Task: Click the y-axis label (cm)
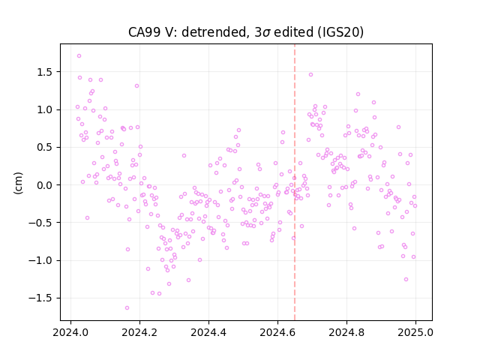[18, 183]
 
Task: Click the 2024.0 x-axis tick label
[70, 332]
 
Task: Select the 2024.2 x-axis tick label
[139, 332]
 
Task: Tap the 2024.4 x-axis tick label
[208, 332]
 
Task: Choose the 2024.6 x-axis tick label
[277, 332]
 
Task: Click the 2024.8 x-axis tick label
[346, 332]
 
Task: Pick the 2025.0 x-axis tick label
[415, 332]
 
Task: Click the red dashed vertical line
[295, 182]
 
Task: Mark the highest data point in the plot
[79, 56]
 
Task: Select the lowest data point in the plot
[127, 308]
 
